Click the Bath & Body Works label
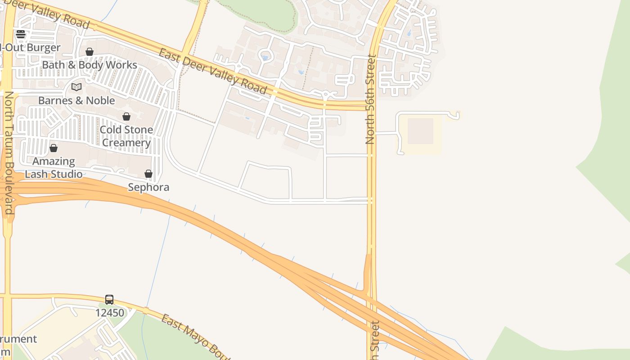tap(89, 65)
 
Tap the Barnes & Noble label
tap(76, 100)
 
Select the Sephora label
tap(148, 187)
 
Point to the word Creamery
tap(126, 143)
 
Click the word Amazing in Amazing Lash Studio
tap(54, 161)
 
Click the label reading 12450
tap(109, 312)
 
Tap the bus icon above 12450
tap(109, 300)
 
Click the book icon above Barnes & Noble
tap(76, 87)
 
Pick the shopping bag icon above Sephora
tap(148, 174)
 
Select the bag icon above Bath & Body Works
tap(90, 52)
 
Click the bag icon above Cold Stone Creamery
tap(126, 117)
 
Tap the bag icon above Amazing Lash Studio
tap(54, 148)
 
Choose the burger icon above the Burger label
tap(21, 34)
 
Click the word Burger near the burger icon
tap(43, 48)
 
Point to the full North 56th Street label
tap(370, 99)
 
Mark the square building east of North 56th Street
tap(420, 131)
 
